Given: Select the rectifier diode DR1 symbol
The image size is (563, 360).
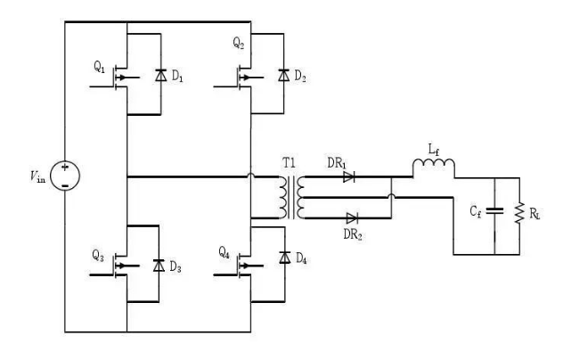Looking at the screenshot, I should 348,177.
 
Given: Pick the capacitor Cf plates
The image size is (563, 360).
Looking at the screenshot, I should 494,212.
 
